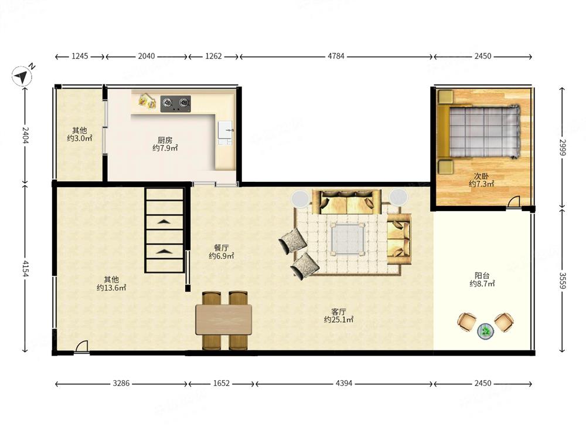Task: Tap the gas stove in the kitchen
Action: point(176,104)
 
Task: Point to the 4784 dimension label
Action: point(336,56)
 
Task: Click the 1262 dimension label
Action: point(213,56)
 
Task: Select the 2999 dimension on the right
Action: point(563,147)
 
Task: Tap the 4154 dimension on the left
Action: point(25,269)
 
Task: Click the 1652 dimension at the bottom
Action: point(222,384)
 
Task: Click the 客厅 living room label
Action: point(339,312)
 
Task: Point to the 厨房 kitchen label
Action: point(165,140)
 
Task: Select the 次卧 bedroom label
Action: point(481,175)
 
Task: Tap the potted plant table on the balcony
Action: point(485,331)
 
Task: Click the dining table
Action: point(223,320)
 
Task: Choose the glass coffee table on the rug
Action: point(347,239)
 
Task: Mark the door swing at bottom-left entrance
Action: point(81,347)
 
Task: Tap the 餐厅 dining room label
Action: point(222,248)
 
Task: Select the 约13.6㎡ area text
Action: point(111,287)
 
